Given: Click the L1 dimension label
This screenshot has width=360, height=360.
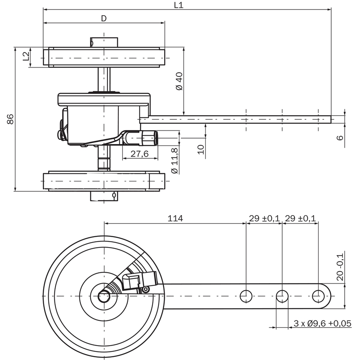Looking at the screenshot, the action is coord(179,5).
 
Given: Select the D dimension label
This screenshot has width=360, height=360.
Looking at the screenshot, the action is coord(104,18).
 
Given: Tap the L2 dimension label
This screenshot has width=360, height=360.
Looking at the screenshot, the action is coord(27,56).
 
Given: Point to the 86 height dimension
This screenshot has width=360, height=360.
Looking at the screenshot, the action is coord(10,119).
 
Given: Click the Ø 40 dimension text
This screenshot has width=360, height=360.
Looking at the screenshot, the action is coord(179,81).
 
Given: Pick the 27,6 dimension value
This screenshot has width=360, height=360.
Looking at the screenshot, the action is coord(139,153).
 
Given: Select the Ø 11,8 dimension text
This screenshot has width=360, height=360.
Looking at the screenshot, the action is coord(175,161).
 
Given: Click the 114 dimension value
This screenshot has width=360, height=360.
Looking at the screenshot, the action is coord(175,218).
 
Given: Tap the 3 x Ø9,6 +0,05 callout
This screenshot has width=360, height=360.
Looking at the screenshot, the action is coord(322,323).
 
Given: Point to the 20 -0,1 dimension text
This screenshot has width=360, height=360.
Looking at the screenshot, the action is coord(340,267).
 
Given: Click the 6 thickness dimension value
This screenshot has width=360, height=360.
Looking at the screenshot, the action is coord(340,138).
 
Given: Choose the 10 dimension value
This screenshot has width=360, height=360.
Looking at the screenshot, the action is coord(201,149).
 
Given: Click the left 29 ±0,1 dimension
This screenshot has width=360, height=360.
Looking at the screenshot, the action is coord(264,218).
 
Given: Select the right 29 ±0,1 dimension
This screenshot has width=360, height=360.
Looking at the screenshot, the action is coord(300,218).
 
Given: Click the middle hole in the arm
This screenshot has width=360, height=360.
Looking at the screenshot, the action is coord(282,296).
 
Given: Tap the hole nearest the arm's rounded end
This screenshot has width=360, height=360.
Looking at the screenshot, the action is coord(318,296).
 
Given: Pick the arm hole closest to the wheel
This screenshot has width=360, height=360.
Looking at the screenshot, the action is coord(246,296).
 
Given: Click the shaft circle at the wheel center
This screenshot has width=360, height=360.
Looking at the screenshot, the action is coord(104,297).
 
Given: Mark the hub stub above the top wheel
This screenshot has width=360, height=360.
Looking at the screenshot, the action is coord(104,42).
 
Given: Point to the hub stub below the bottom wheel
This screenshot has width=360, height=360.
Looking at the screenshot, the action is coord(104,196).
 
